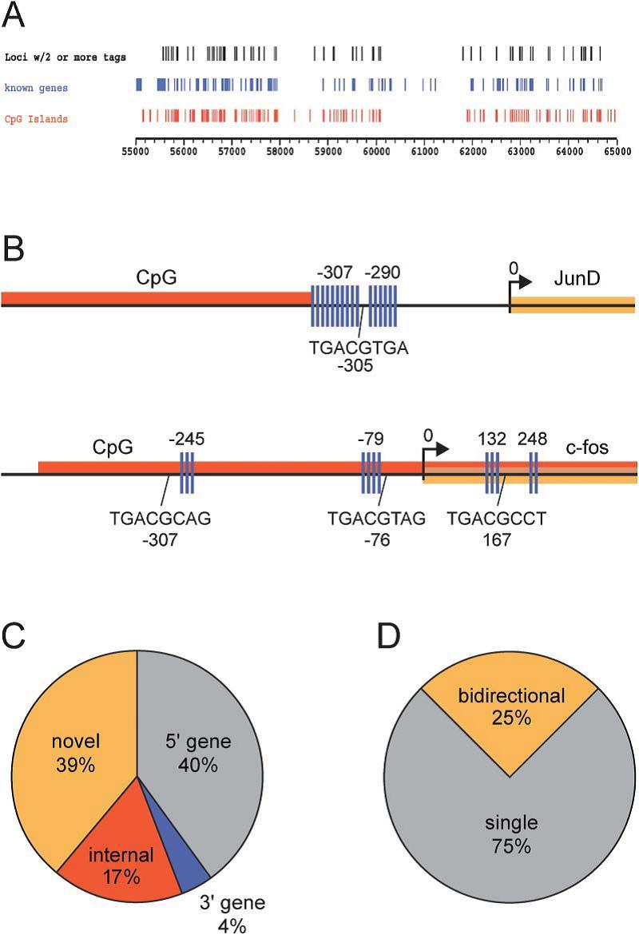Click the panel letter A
(14, 14)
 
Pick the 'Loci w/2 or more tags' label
(65, 57)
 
